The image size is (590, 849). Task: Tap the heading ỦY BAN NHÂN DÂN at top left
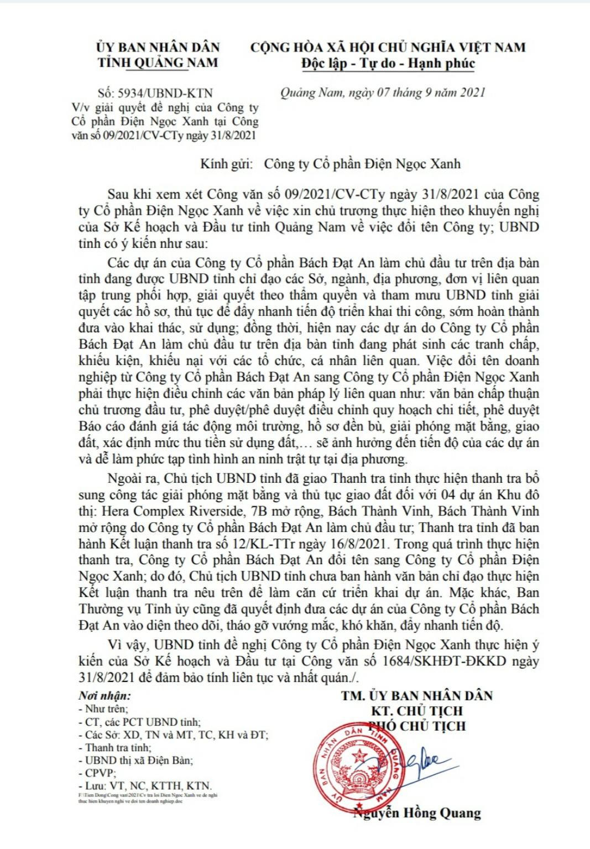158,48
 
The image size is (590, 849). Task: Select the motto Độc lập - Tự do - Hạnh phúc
388,63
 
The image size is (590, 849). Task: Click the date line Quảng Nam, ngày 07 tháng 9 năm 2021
383,92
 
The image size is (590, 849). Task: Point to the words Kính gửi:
226,164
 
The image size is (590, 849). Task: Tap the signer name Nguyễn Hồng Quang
417,812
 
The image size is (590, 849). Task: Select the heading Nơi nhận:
105,696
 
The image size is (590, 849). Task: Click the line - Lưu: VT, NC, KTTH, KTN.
145,785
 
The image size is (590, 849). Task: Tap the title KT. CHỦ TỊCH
417,711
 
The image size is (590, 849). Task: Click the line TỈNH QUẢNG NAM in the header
158,63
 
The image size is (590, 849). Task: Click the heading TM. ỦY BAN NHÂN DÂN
417,696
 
